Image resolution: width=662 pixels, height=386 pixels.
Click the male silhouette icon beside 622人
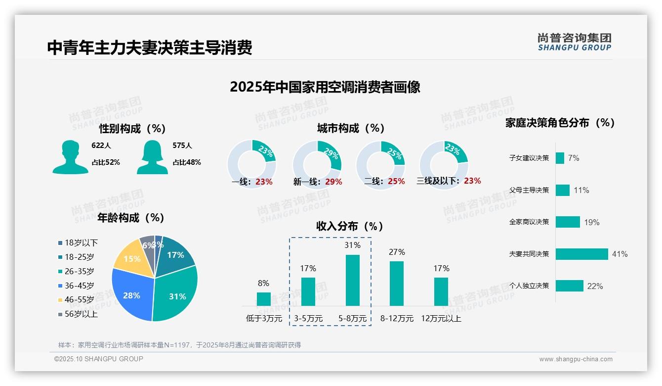tap(70, 157)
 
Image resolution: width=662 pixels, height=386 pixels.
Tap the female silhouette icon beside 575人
tap(152, 157)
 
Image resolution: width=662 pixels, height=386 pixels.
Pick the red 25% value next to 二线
tap(396, 182)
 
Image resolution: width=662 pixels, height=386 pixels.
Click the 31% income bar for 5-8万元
tap(352, 280)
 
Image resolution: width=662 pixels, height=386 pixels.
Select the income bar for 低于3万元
tap(264, 299)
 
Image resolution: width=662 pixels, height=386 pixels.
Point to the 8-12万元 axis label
tap(397, 319)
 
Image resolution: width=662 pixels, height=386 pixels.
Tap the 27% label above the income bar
tap(397, 252)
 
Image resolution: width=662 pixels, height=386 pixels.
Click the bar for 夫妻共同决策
tap(581, 254)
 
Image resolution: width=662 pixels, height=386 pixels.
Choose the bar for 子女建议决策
tap(560, 158)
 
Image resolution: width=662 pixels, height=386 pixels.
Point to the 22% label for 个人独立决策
tap(595, 286)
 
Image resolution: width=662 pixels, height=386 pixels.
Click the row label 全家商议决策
tap(529, 222)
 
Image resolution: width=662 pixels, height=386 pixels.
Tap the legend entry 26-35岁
tap(76, 271)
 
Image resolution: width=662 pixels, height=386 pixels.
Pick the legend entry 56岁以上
tap(78, 314)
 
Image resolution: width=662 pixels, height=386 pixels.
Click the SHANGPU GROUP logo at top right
tap(574, 42)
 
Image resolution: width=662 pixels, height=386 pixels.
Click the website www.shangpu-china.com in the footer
tap(576, 359)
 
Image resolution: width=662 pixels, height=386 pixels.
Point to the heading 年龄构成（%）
tap(130, 218)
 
